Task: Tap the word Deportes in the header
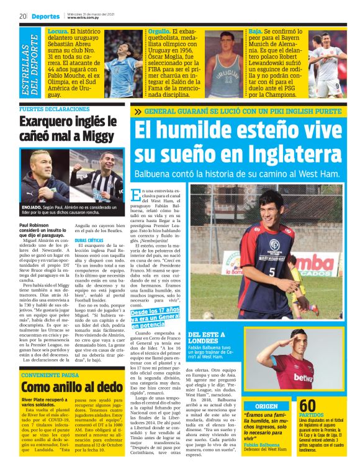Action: pyautogui.click(x=46, y=16)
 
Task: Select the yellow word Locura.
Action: pyautogui.click(x=58, y=30)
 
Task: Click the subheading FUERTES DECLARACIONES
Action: pyautogui.click(x=55, y=109)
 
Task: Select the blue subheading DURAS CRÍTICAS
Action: pyautogui.click(x=89, y=239)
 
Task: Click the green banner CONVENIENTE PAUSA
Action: pyautogui.click(x=51, y=375)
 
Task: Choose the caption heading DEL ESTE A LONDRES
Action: pyautogui.click(x=210, y=337)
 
